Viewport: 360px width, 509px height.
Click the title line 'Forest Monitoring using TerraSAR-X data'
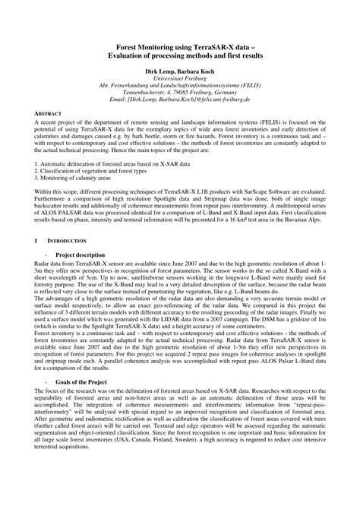tap(179, 46)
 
